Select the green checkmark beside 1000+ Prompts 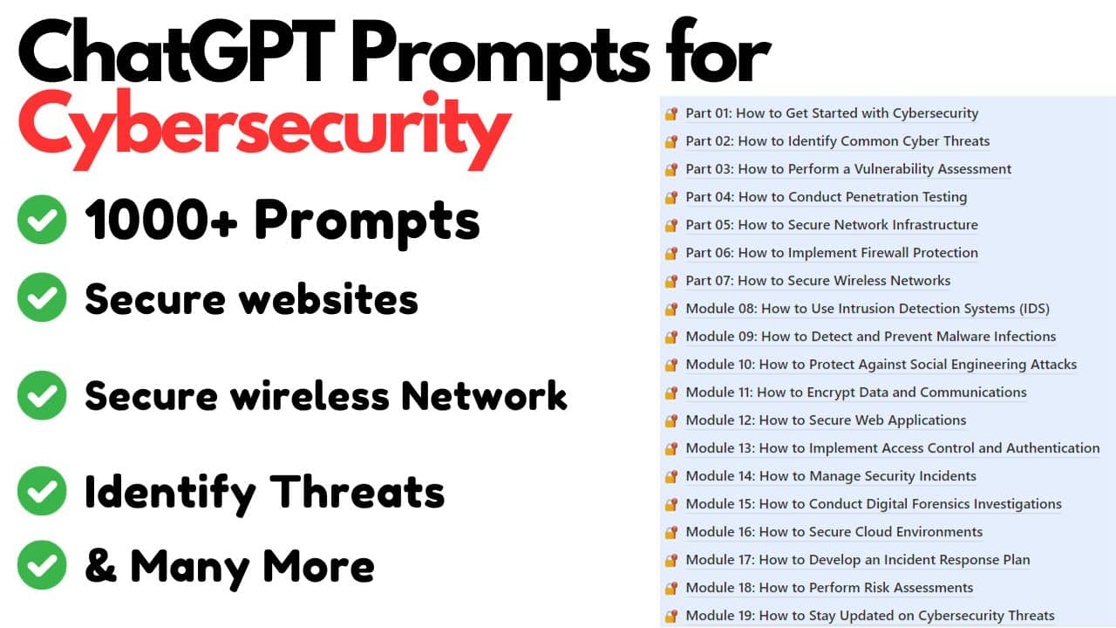[41, 219]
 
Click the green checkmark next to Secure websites [41, 297]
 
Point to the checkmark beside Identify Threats [41, 490]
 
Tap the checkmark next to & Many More [41, 564]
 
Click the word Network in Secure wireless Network [484, 395]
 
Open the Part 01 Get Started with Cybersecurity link [832, 113]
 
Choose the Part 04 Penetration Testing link [826, 197]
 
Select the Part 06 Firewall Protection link [832, 253]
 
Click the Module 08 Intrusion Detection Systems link [868, 309]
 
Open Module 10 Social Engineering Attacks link [881, 365]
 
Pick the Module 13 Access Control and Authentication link [892, 448]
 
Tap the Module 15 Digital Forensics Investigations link [874, 504]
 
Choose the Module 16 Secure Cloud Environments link [834, 532]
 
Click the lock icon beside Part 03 [670, 170]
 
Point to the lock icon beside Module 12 [670, 421]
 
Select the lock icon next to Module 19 [670, 617]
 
